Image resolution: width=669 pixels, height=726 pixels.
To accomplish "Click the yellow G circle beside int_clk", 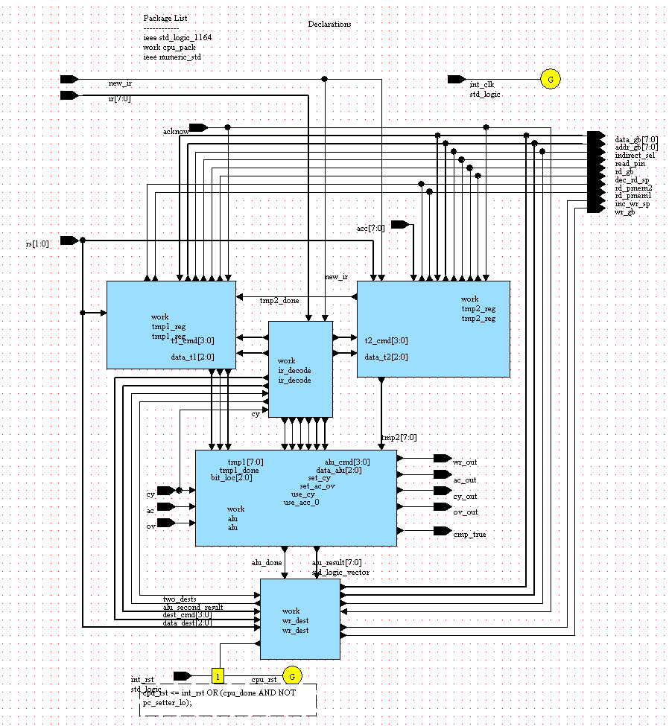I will pyautogui.click(x=551, y=79).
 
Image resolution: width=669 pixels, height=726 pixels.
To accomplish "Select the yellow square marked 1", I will pyautogui.click(x=218, y=676).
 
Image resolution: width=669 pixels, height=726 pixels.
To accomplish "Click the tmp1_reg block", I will pyautogui.click(x=171, y=325).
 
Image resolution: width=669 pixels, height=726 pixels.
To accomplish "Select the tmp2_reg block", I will pyautogui.click(x=434, y=328).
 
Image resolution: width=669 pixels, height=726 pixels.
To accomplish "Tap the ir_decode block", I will pyautogui.click(x=300, y=369).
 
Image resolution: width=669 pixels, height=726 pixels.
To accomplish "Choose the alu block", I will pyautogui.click(x=296, y=497).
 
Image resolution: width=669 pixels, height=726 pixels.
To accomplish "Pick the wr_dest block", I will pyautogui.click(x=300, y=619).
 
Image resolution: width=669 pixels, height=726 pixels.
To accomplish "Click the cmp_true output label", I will pyautogui.click(x=469, y=535).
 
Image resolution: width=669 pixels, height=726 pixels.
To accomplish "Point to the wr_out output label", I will pyautogui.click(x=466, y=462).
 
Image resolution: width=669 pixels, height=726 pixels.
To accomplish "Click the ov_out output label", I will pyautogui.click(x=466, y=512).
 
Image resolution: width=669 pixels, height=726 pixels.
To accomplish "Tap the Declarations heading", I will pyautogui.click(x=329, y=25).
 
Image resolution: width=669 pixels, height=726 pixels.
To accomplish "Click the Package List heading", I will pyautogui.click(x=162, y=18).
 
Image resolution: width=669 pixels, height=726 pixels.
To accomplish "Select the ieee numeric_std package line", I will pyautogui.click(x=172, y=57).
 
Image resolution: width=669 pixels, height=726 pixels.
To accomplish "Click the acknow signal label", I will pyautogui.click(x=175, y=132).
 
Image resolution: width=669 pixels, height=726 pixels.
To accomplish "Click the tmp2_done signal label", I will pyautogui.click(x=279, y=301).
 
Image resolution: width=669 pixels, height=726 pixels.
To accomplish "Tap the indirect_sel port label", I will pyautogui.click(x=635, y=156).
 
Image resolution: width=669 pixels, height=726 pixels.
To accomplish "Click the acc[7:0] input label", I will pyautogui.click(x=371, y=229).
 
